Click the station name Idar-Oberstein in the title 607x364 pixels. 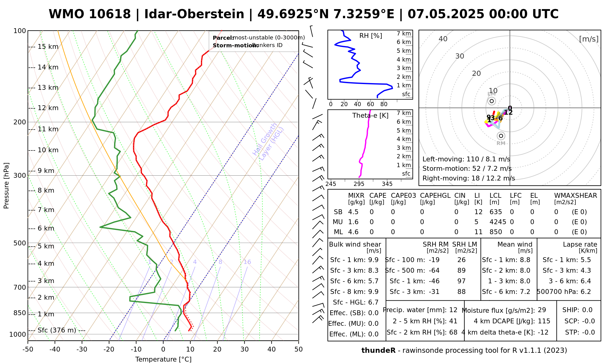tap(194, 14)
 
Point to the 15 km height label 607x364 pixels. tap(48, 47)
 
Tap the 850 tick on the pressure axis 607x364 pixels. tap(20, 313)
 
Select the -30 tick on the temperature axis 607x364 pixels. tap(82, 349)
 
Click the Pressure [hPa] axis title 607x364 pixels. tap(6, 186)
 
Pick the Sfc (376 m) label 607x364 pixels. tap(57, 330)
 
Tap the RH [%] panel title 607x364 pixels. tap(371, 36)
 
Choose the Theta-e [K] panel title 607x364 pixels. tap(370, 116)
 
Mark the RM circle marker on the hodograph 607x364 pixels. tap(501, 136)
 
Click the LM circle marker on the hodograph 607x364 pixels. tap(492, 101)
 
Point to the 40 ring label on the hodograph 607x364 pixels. tap(443, 39)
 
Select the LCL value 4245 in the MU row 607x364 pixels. tap(498, 222)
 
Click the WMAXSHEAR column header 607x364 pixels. tap(575, 196)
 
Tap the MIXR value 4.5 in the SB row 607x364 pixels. tap(353, 212)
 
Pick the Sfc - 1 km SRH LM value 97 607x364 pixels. tap(461, 281)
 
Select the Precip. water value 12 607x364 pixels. tap(453, 310)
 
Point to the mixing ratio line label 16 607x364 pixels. tap(247, 262)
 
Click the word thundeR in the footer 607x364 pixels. tap(378, 351)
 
